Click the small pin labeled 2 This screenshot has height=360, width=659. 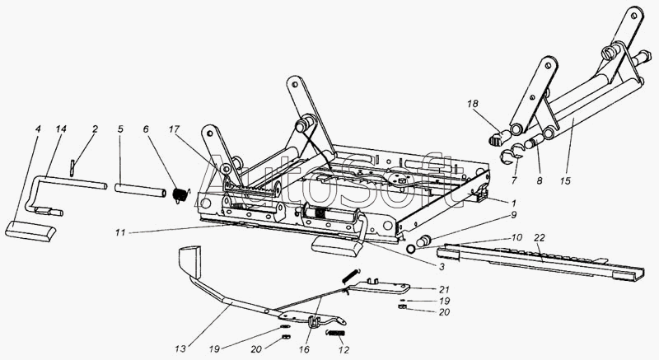coord(72,167)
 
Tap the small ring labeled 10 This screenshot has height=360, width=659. coord(409,248)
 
